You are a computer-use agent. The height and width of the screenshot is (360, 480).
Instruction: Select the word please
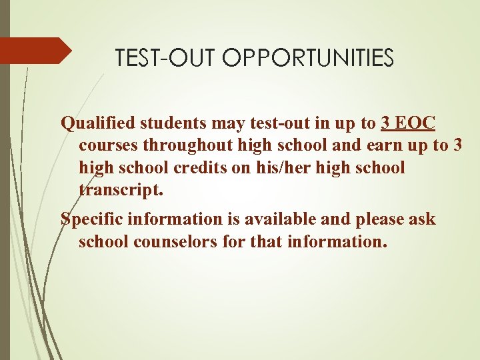click(x=379, y=219)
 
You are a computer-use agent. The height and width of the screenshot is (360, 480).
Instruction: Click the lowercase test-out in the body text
click(x=275, y=123)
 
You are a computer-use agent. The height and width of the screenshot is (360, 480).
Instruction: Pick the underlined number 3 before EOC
click(x=385, y=123)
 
